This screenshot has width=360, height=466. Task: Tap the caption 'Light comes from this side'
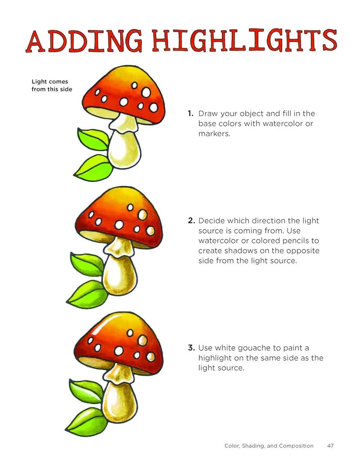52,85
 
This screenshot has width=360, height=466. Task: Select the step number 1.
190,113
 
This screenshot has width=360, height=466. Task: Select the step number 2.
191,221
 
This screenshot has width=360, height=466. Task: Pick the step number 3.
191,348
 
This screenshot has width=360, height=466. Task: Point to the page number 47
330,446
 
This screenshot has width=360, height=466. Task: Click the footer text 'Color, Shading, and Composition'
269,446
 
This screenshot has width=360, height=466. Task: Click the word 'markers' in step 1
214,134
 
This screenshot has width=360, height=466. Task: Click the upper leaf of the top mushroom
93,139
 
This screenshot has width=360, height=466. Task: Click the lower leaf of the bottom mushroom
87,420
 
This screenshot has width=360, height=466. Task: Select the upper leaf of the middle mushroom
86,264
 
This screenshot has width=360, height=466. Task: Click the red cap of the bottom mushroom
118,339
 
